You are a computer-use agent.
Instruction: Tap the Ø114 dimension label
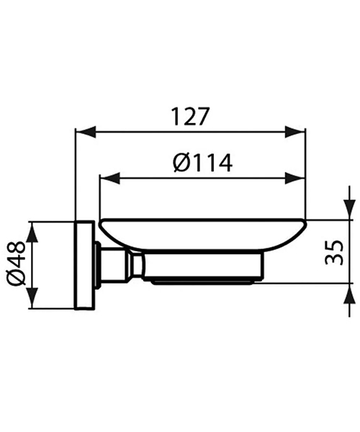(203, 163)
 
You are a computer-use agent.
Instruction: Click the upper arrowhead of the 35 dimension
(348, 210)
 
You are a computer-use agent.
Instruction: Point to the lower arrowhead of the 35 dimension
(348, 292)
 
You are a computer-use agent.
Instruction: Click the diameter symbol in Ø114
(181, 163)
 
